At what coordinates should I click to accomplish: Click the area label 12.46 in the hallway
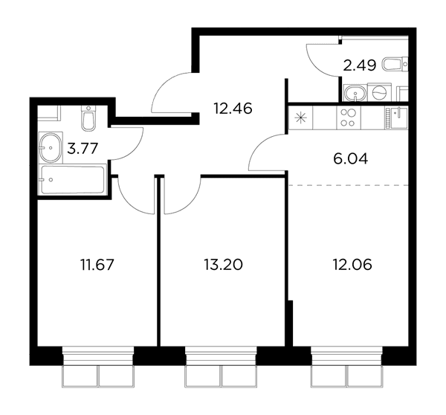[x=233, y=109]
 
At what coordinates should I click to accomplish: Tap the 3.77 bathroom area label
[x=83, y=148]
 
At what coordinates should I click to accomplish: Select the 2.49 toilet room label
[x=360, y=65]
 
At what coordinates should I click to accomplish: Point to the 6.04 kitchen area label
[x=350, y=159]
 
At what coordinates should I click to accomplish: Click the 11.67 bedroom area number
[x=97, y=265]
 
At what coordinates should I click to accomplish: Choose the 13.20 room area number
[x=223, y=265]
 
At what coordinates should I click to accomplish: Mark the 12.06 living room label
[x=352, y=265]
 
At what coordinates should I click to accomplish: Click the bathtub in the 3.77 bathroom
[x=72, y=179]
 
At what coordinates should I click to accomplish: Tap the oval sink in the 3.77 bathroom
[x=51, y=148]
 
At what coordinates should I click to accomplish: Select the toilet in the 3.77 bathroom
[x=88, y=119]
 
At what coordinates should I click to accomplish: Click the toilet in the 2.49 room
[x=395, y=64]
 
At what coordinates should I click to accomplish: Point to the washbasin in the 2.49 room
[x=355, y=93]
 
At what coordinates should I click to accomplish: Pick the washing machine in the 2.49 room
[x=379, y=92]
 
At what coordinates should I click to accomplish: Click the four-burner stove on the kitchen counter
[x=349, y=118]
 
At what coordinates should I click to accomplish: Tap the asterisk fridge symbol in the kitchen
[x=300, y=118]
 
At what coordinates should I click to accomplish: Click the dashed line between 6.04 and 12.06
[x=349, y=185]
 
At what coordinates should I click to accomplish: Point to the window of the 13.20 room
[x=221, y=367]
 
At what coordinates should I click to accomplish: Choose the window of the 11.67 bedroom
[x=98, y=367]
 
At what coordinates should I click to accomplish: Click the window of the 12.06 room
[x=346, y=367]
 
